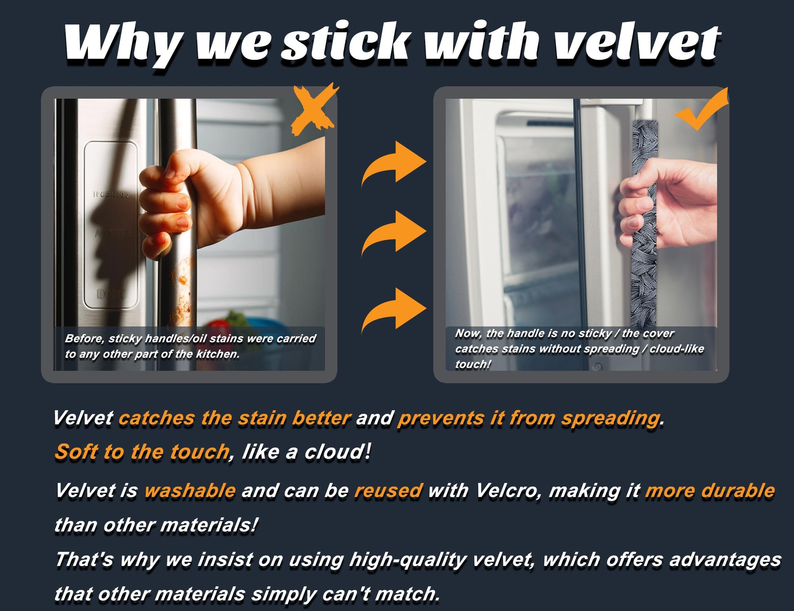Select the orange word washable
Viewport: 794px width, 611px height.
pos(190,490)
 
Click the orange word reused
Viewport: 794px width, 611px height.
pos(388,491)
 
